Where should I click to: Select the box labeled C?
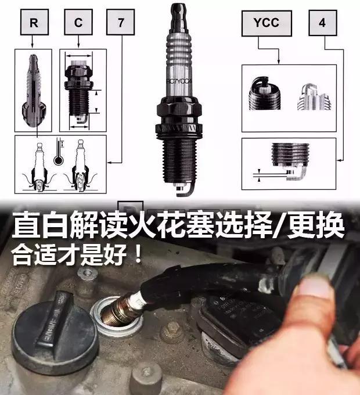77,24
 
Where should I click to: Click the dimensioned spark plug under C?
80,91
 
